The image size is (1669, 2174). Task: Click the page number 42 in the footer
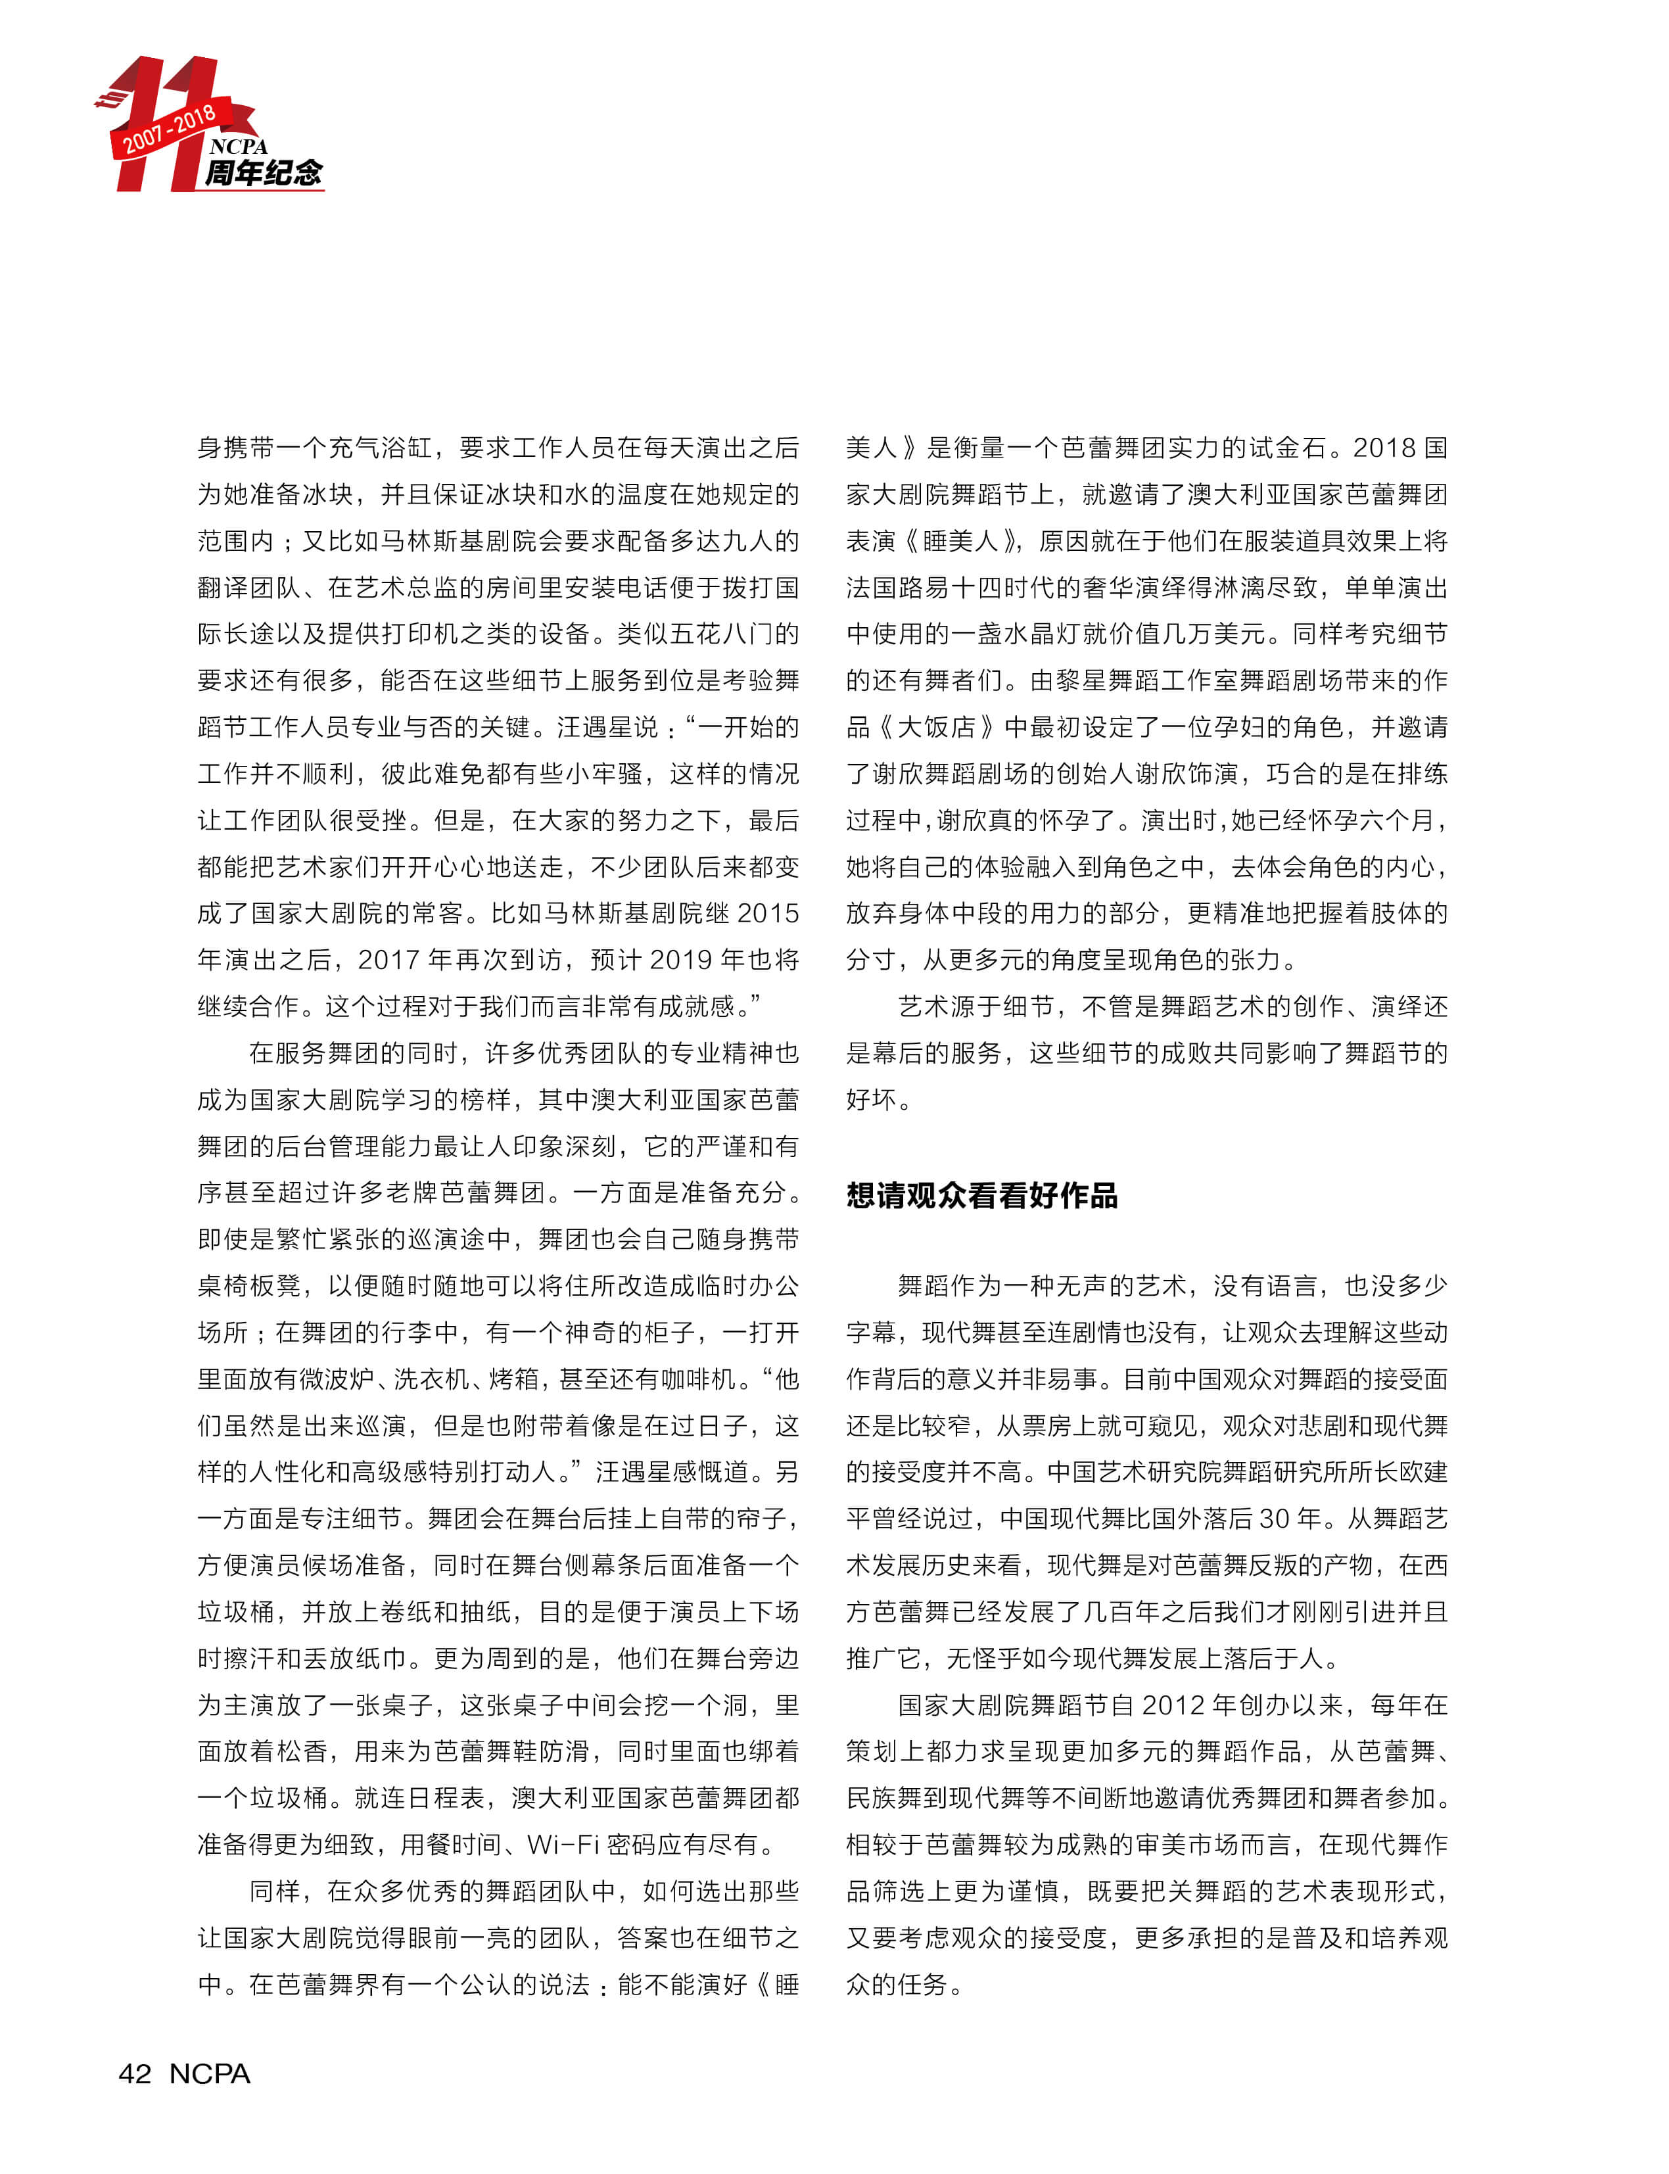tap(135, 2073)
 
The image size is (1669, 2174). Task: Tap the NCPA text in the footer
tap(210, 2073)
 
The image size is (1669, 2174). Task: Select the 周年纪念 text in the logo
tap(263, 173)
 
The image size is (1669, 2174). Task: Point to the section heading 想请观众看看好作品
tap(981, 1195)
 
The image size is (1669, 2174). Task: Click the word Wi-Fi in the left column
tap(562, 1845)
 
